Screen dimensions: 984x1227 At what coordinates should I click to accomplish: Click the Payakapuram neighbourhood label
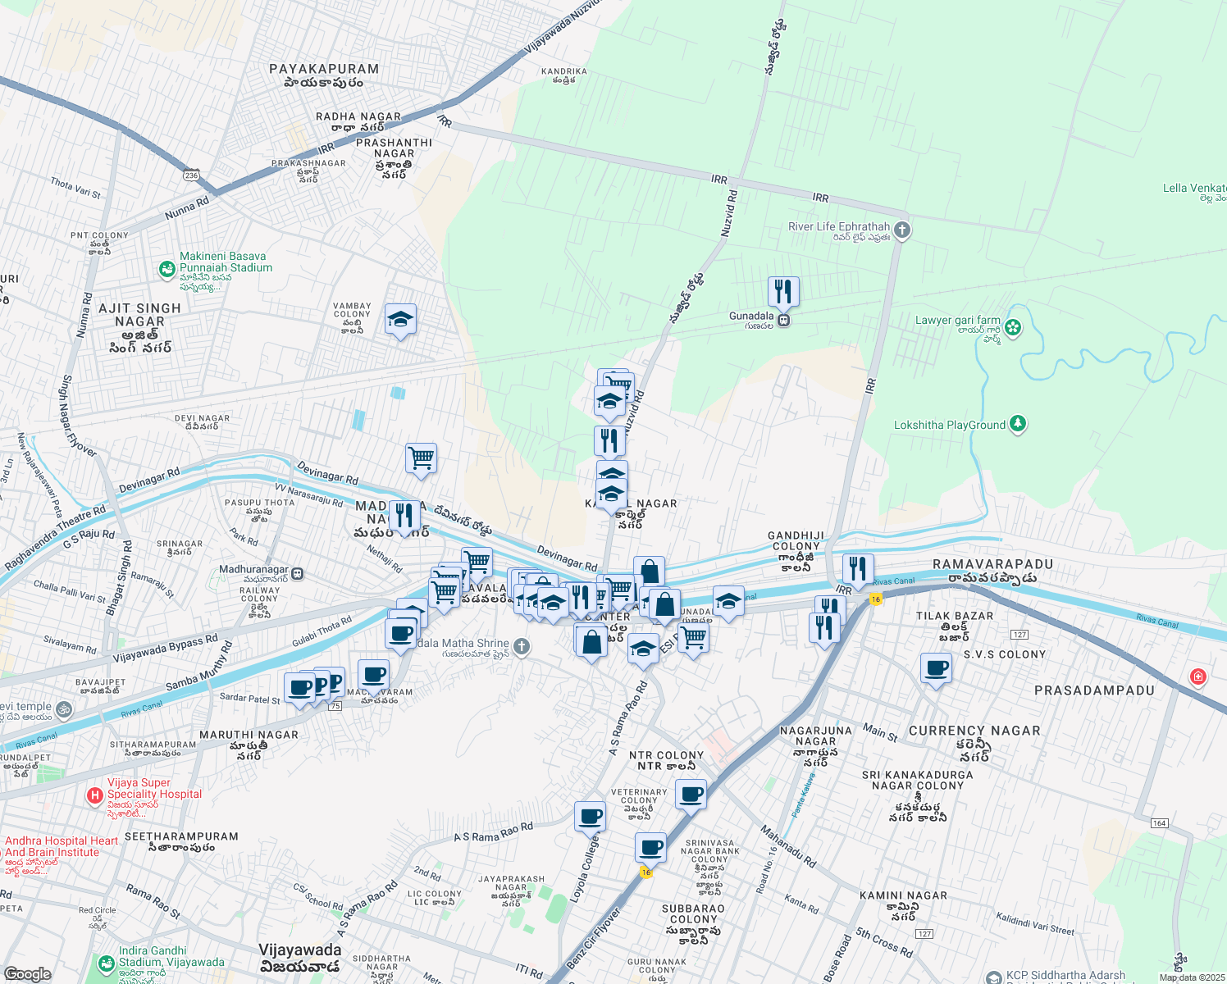[324, 70]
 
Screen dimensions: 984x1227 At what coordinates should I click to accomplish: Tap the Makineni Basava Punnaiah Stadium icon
[167, 268]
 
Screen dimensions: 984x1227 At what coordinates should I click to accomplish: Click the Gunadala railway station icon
[784, 321]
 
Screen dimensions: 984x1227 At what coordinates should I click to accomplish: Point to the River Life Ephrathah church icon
[902, 230]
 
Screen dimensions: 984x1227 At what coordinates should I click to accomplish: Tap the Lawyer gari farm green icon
[1013, 328]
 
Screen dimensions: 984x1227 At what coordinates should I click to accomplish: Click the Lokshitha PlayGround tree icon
[1018, 424]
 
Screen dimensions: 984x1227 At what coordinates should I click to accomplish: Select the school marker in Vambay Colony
[400, 320]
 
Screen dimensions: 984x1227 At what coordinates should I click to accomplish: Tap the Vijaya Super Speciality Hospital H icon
[95, 795]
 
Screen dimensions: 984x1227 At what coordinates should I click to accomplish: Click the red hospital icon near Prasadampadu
[1198, 676]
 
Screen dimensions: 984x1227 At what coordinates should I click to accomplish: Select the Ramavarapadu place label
[992, 565]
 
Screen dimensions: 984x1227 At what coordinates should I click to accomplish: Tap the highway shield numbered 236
[191, 175]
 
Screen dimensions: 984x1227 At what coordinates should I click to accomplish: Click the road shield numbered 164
[1159, 822]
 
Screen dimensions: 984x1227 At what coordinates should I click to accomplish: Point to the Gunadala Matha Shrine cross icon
[522, 648]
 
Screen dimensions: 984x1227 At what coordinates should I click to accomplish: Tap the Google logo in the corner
[26, 973]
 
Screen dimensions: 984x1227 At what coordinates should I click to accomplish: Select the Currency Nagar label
[974, 731]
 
